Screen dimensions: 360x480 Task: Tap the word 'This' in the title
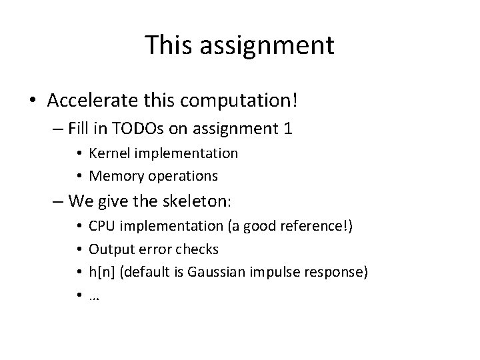click(x=167, y=45)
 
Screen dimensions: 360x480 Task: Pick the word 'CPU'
click(x=101, y=227)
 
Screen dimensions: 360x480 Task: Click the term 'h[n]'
click(x=101, y=272)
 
